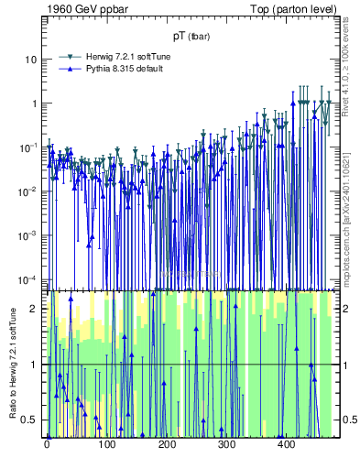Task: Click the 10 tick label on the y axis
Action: point(31,60)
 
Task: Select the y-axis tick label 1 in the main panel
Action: point(35,104)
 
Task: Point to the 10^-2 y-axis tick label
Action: point(29,191)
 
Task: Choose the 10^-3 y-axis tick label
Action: point(29,235)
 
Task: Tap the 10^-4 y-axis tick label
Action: point(29,279)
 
